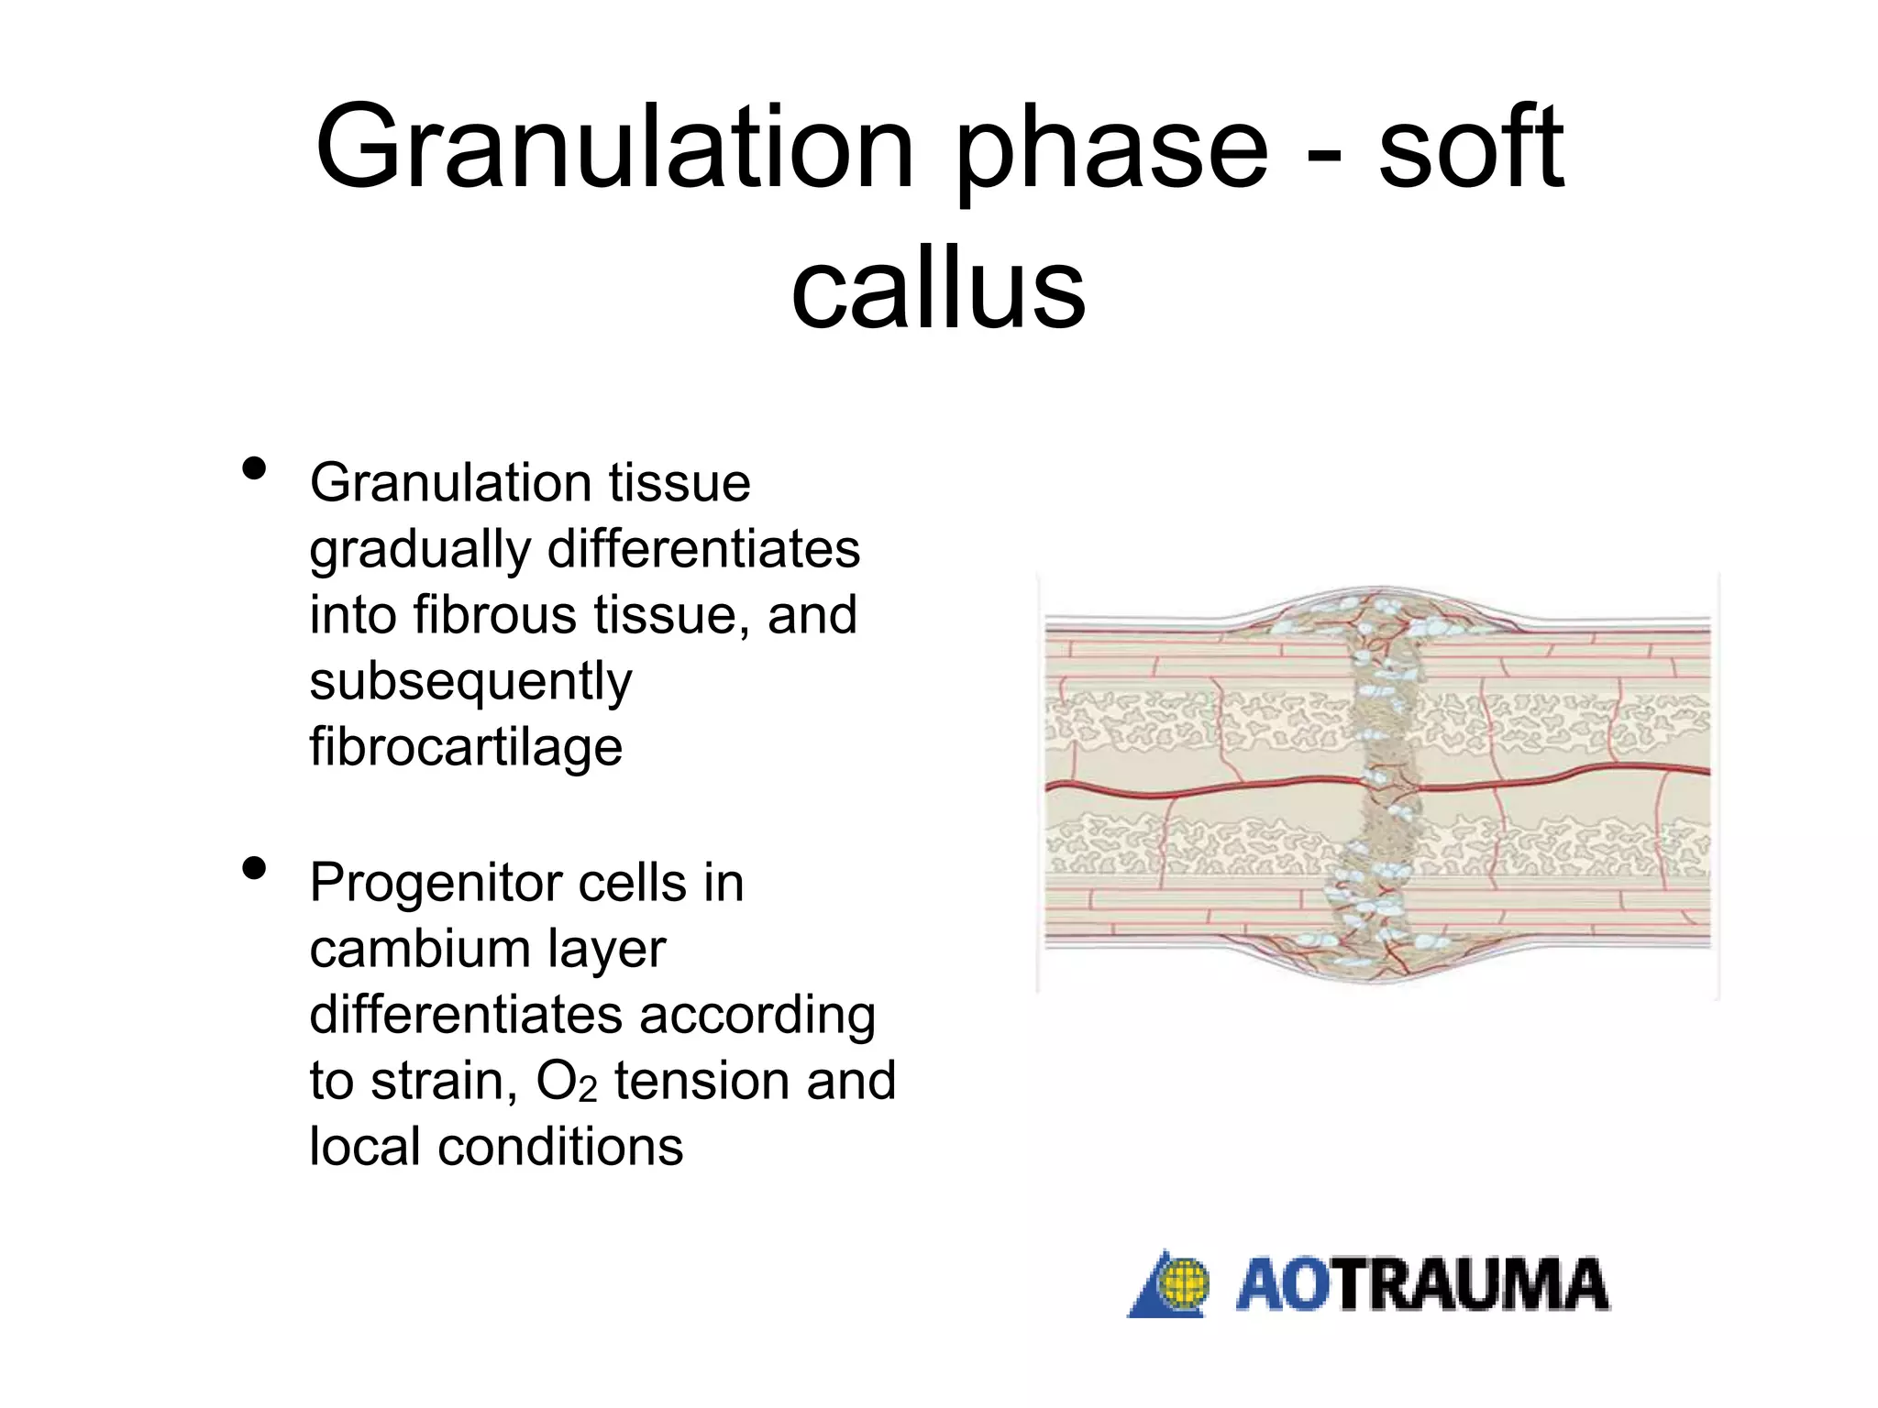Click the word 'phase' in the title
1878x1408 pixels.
point(1111,151)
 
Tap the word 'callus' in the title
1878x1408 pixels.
point(938,291)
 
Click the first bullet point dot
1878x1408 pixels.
point(254,469)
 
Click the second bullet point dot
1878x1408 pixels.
point(254,868)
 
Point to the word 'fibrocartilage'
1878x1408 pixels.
point(466,746)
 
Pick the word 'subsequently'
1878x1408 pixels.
point(470,681)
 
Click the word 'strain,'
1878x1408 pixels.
point(443,1082)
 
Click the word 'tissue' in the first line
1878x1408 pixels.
point(679,483)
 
